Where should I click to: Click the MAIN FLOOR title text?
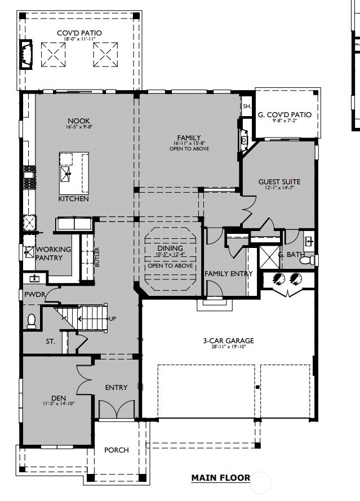pos(220,478)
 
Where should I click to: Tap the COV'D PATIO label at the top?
pos(79,33)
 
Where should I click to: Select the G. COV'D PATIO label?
pos(285,116)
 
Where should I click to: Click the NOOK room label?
pos(78,121)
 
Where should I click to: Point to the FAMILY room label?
pos(189,138)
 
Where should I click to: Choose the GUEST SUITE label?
pos(279,182)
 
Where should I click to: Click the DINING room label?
pos(170,248)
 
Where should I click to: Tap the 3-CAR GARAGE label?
pos(228,340)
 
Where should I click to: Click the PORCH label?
pos(116,450)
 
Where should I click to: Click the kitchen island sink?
pos(66,172)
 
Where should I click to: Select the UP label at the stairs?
pos(112,319)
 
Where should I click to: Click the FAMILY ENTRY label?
pos(228,274)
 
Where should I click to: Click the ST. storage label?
pos(51,342)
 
